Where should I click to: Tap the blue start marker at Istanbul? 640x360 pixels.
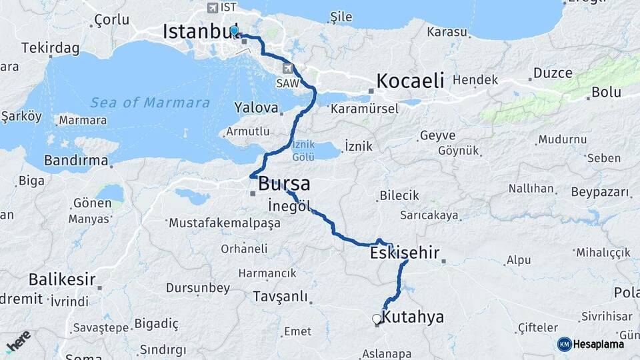(x=234, y=31)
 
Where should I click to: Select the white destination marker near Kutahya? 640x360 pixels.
(x=377, y=319)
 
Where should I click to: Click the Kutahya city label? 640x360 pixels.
(x=413, y=317)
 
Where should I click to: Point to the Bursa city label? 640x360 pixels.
(x=284, y=183)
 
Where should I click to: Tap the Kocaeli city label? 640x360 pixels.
(x=410, y=81)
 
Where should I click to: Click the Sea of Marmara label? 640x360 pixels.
(x=150, y=103)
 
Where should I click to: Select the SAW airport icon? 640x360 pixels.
(x=287, y=68)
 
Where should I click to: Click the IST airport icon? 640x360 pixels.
(x=213, y=8)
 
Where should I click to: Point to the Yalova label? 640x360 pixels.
(x=255, y=107)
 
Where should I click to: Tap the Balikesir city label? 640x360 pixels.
(x=61, y=280)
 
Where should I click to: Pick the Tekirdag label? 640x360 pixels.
(x=50, y=48)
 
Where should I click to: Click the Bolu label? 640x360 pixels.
(x=606, y=92)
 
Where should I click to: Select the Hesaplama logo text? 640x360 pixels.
(x=598, y=344)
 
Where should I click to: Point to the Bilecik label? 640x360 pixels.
(x=399, y=195)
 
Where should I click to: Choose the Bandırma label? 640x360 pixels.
(x=75, y=161)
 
